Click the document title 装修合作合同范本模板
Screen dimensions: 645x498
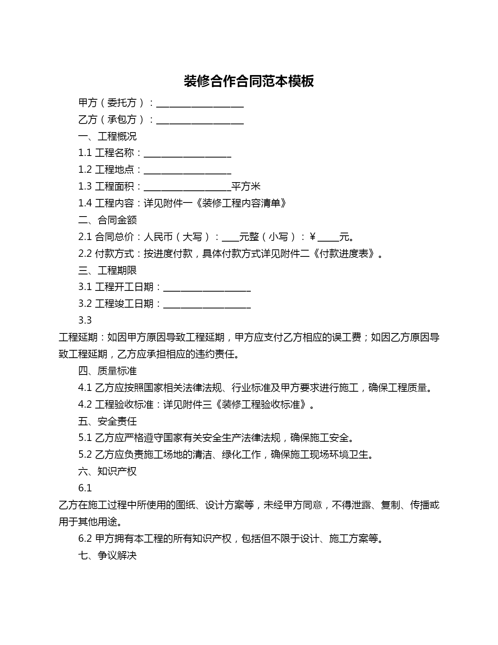click(x=249, y=81)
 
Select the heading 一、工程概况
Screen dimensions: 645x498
click(x=107, y=136)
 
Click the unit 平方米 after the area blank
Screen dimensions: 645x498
click(x=246, y=186)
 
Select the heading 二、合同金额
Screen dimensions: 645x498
click(x=107, y=220)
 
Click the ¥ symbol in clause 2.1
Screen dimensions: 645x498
click(x=312, y=237)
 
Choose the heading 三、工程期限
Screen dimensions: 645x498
click(x=107, y=271)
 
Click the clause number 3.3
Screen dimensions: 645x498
click(x=85, y=321)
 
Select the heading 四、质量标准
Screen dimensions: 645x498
click(x=107, y=371)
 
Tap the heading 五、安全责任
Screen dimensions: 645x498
click(x=107, y=421)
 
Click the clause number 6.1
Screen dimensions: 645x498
click(x=85, y=488)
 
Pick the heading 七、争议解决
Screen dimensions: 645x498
click(x=107, y=555)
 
